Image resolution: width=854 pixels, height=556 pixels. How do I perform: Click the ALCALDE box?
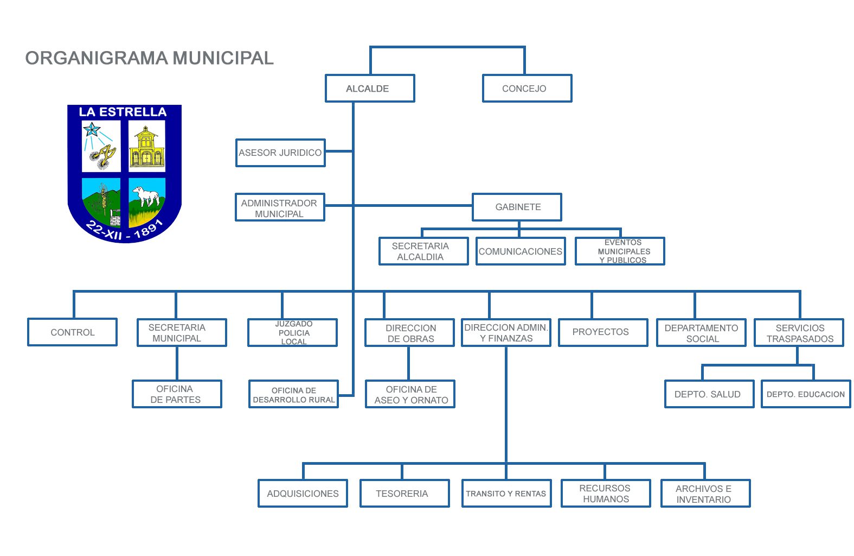(x=370, y=88)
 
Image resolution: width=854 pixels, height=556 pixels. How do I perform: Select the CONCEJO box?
(x=527, y=88)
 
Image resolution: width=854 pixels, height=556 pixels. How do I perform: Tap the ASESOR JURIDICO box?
(x=281, y=153)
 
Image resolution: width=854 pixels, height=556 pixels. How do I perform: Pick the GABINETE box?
(x=517, y=207)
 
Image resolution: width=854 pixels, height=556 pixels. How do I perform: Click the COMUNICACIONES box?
(x=521, y=251)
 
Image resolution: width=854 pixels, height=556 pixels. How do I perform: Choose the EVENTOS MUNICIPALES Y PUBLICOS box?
(x=620, y=251)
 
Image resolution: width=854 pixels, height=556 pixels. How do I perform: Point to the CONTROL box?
(x=73, y=332)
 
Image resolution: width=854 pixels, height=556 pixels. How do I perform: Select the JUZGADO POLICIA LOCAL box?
(x=293, y=333)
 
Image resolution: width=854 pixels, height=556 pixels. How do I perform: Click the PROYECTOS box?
(x=603, y=333)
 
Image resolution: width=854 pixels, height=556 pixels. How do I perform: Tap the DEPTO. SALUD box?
(x=710, y=394)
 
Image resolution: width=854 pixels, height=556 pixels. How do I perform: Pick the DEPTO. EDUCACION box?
(x=806, y=394)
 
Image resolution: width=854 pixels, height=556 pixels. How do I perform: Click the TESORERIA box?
(x=405, y=494)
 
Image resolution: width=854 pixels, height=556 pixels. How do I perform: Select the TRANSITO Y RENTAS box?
(x=506, y=494)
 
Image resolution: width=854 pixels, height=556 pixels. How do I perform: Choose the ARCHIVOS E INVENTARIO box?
(x=705, y=494)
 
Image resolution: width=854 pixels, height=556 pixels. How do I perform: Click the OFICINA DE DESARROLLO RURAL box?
(x=293, y=394)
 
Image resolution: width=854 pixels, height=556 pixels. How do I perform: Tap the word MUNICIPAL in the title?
(x=223, y=59)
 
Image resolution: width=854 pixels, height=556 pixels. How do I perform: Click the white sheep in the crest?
(x=146, y=196)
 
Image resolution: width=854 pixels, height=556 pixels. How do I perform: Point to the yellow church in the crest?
(x=147, y=147)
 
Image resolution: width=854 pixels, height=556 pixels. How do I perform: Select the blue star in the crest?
(x=92, y=129)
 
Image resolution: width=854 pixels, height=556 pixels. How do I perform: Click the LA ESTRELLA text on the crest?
(x=123, y=112)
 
